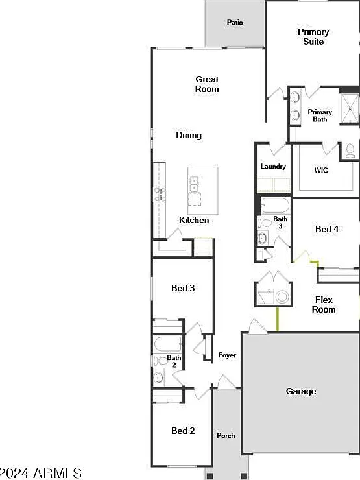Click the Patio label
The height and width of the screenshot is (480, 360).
tap(235, 22)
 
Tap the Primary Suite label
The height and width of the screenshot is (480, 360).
tap(313, 37)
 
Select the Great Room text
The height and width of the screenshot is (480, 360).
tap(207, 84)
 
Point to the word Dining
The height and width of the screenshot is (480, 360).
tap(189, 135)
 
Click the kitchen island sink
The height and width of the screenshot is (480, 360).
tap(195, 184)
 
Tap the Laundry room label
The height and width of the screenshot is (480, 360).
tap(273, 167)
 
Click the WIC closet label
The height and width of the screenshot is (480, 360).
tap(321, 170)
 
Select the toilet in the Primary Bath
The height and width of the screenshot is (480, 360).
tap(349, 151)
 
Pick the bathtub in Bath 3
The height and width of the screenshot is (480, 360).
tap(276, 206)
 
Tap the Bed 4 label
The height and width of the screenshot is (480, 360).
tap(327, 229)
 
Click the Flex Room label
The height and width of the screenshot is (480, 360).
tap(324, 305)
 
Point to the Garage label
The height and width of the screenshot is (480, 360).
tap(301, 391)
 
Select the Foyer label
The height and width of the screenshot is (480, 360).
tap(227, 355)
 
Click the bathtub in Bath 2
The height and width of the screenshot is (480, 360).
tap(168, 344)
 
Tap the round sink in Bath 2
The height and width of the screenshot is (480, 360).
tap(158, 378)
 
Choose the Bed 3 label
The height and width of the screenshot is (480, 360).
tap(183, 288)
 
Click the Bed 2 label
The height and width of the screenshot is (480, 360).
tap(183, 431)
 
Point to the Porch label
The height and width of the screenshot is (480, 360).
tap(226, 435)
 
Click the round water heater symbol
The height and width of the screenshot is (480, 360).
tap(282, 296)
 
